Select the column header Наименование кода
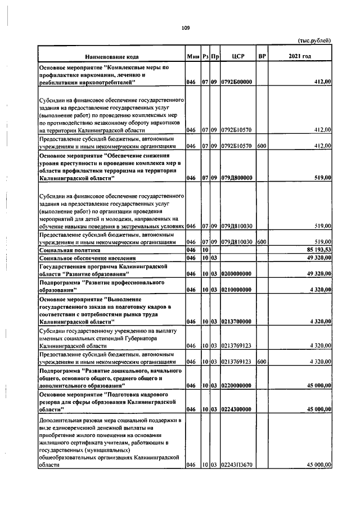(111, 57)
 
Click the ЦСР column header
(237, 57)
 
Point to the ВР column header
(262, 57)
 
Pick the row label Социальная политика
(70, 249)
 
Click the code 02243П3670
(237, 465)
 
